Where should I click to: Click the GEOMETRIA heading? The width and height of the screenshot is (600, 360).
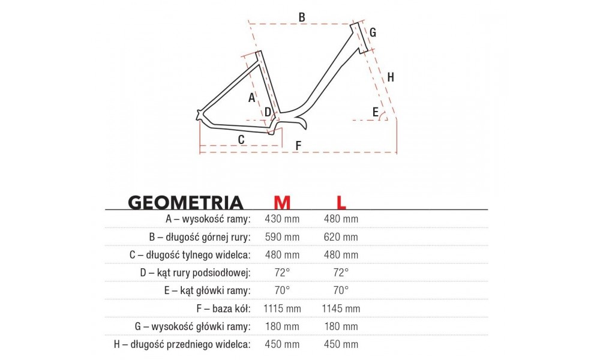pos(185,202)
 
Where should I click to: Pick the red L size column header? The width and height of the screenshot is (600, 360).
pos(341,202)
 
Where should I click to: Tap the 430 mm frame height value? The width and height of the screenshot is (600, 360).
pos(281,219)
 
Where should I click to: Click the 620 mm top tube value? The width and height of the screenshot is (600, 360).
pos(341,237)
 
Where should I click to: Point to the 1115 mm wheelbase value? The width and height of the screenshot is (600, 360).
pos(281,308)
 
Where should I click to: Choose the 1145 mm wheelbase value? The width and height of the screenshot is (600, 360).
pos(341,308)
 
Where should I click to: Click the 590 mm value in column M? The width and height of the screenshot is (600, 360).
pos(281,237)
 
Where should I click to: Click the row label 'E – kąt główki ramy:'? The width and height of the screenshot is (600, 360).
pos(208,290)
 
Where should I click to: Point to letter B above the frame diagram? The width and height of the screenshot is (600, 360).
pos(302,17)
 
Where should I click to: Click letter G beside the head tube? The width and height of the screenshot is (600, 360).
pos(373,32)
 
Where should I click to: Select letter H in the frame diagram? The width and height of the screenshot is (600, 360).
pos(391,77)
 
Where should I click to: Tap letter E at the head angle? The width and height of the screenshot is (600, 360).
pos(376,112)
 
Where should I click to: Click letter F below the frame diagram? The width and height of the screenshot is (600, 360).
pos(298,146)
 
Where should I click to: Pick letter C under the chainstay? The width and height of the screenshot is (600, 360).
pos(241,140)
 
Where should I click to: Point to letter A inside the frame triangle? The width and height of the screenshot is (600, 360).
pos(252,96)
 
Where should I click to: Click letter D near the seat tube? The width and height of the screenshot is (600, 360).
pos(268,112)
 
